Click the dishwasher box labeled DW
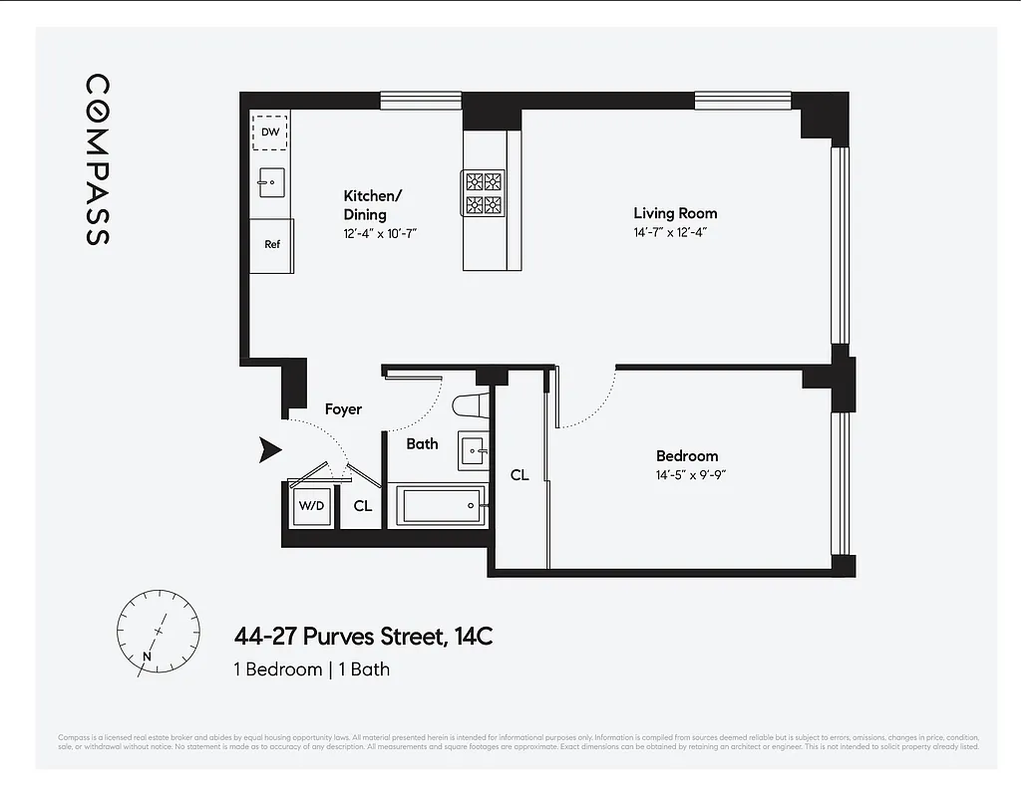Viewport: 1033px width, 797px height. tap(270, 131)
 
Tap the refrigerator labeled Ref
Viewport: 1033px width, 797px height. tap(270, 245)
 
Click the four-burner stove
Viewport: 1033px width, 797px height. tap(483, 193)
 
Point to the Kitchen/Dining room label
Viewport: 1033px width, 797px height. tap(373, 204)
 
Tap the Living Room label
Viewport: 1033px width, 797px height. tap(675, 213)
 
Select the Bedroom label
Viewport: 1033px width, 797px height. tap(686, 456)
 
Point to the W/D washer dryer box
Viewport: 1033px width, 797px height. tap(311, 506)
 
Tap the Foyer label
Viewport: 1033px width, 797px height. tap(343, 409)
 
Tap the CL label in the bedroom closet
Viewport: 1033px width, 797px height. tap(519, 475)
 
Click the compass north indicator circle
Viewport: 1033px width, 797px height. tap(151, 631)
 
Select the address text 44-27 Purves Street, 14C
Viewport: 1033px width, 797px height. tap(363, 637)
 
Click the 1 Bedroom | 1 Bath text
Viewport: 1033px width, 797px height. tap(311, 669)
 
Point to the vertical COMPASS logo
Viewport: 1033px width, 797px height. tap(97, 159)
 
